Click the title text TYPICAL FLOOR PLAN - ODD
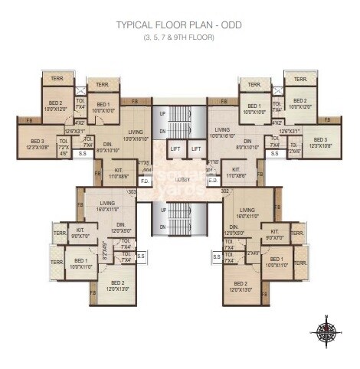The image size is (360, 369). pyautogui.click(x=177, y=24)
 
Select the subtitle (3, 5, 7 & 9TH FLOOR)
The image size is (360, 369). pyautogui.click(x=177, y=37)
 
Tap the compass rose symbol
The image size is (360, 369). pyautogui.click(x=326, y=331)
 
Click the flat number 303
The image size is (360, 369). pyautogui.click(x=132, y=192)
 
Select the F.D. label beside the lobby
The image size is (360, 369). pyautogui.click(x=145, y=181)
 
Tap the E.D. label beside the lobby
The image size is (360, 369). pyautogui.click(x=213, y=181)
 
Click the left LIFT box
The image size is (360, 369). pyautogui.click(x=175, y=149)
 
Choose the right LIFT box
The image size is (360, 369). pyautogui.click(x=196, y=149)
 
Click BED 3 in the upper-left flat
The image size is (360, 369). pyautogui.click(x=38, y=144)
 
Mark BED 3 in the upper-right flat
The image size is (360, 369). pyautogui.click(x=319, y=144)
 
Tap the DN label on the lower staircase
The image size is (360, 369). pyautogui.click(x=162, y=227)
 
